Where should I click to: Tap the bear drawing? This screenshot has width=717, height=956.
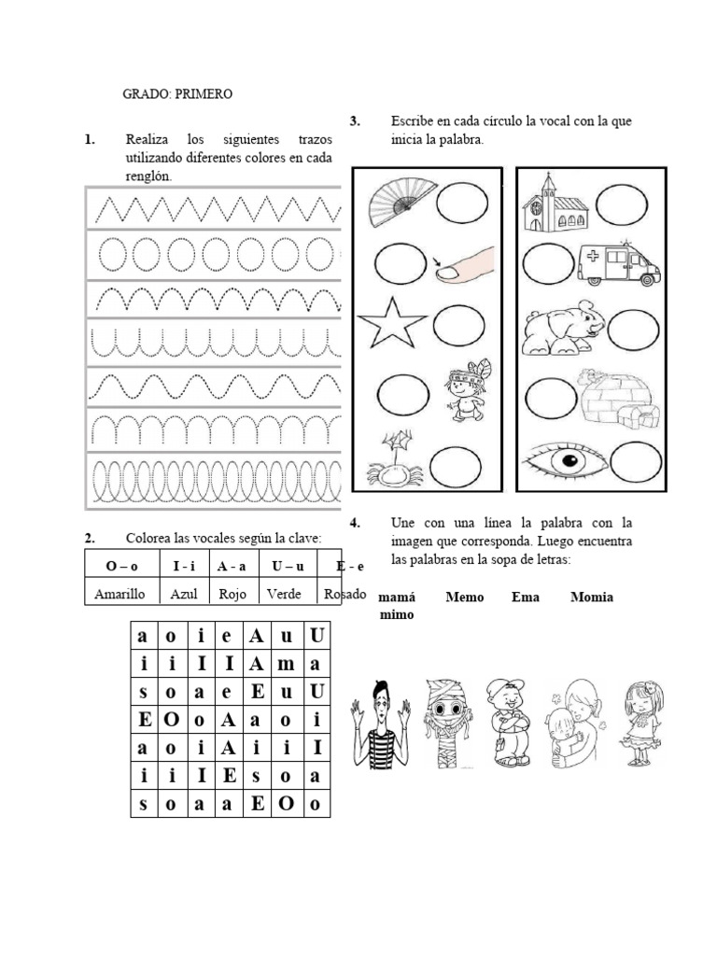560,328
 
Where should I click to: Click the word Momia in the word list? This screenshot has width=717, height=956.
592,597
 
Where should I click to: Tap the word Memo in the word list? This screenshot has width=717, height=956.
464,597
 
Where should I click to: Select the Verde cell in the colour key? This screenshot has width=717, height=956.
284,593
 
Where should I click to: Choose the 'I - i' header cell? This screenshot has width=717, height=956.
184,566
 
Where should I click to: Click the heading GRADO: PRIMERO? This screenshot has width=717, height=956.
177,94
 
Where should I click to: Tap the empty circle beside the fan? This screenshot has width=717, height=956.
462,203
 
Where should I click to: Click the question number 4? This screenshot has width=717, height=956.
354,522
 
